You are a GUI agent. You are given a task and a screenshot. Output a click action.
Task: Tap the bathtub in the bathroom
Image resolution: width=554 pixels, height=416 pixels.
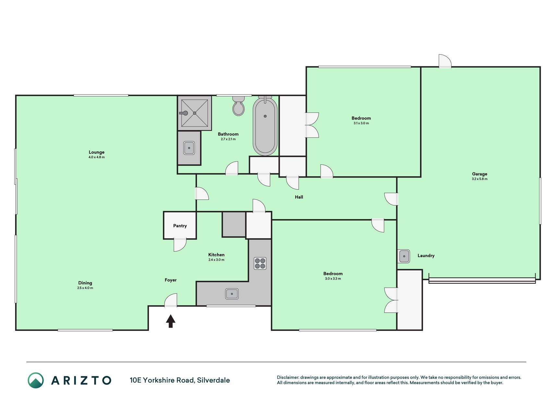(x=265, y=126)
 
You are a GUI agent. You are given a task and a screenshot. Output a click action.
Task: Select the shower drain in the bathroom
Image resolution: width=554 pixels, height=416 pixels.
(x=194, y=113)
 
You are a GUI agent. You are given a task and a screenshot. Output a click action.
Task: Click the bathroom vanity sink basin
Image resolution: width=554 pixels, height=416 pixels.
(x=189, y=148)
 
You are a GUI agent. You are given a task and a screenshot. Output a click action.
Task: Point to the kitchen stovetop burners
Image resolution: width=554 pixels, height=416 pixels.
(x=260, y=263)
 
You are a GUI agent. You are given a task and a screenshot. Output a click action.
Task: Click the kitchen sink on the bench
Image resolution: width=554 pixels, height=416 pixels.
(x=232, y=294)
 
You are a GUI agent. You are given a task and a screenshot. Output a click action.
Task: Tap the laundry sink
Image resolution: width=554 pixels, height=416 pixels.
(x=404, y=256)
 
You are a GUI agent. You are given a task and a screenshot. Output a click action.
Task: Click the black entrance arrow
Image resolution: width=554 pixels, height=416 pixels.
(x=171, y=321)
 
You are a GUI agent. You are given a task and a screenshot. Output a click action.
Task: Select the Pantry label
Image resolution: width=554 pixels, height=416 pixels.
(x=180, y=226)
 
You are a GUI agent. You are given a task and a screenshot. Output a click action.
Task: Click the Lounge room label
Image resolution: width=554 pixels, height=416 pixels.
(x=97, y=152)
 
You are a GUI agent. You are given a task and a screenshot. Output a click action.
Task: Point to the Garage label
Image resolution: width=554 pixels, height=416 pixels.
(x=480, y=174)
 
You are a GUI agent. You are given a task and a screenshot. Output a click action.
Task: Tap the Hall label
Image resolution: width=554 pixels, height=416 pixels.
(x=299, y=197)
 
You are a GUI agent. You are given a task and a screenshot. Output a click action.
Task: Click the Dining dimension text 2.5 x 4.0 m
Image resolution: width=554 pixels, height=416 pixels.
(x=85, y=288)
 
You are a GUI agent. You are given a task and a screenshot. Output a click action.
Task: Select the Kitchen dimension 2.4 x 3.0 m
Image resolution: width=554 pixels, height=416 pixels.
(x=216, y=260)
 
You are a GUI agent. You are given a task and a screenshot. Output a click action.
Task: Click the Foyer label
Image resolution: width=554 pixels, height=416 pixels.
(x=171, y=280)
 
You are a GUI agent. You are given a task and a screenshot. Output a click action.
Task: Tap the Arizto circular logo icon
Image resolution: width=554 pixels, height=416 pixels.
(x=36, y=380)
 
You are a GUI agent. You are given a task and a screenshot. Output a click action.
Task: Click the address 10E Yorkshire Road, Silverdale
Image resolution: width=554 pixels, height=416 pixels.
(x=180, y=380)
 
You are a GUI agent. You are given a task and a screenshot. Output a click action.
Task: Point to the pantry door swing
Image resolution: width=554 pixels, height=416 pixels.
(x=180, y=245)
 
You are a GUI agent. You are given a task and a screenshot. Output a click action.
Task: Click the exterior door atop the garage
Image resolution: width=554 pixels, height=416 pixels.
(x=445, y=61)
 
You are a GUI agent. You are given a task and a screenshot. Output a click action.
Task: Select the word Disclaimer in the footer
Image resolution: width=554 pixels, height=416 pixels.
(x=288, y=377)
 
